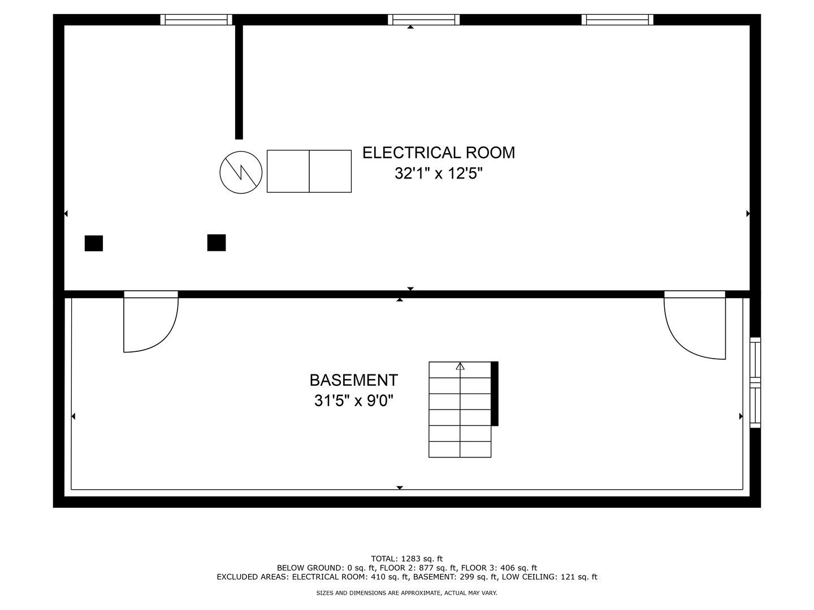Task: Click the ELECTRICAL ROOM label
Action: pos(438,152)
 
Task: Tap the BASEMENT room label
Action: pos(353,380)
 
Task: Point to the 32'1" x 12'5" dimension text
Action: pos(438,173)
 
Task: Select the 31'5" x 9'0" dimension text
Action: pos(353,401)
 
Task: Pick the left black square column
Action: pos(94,243)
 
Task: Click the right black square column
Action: pos(216,243)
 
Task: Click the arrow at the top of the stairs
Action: pos(460,367)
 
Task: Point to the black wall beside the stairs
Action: pos(494,394)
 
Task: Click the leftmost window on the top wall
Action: pos(196,20)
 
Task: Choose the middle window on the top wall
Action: pos(423,20)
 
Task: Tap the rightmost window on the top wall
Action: pos(617,20)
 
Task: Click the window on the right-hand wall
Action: pos(755,382)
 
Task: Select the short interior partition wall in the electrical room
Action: pos(239,82)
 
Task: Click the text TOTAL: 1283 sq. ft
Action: pos(407,559)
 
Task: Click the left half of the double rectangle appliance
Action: pos(288,171)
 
